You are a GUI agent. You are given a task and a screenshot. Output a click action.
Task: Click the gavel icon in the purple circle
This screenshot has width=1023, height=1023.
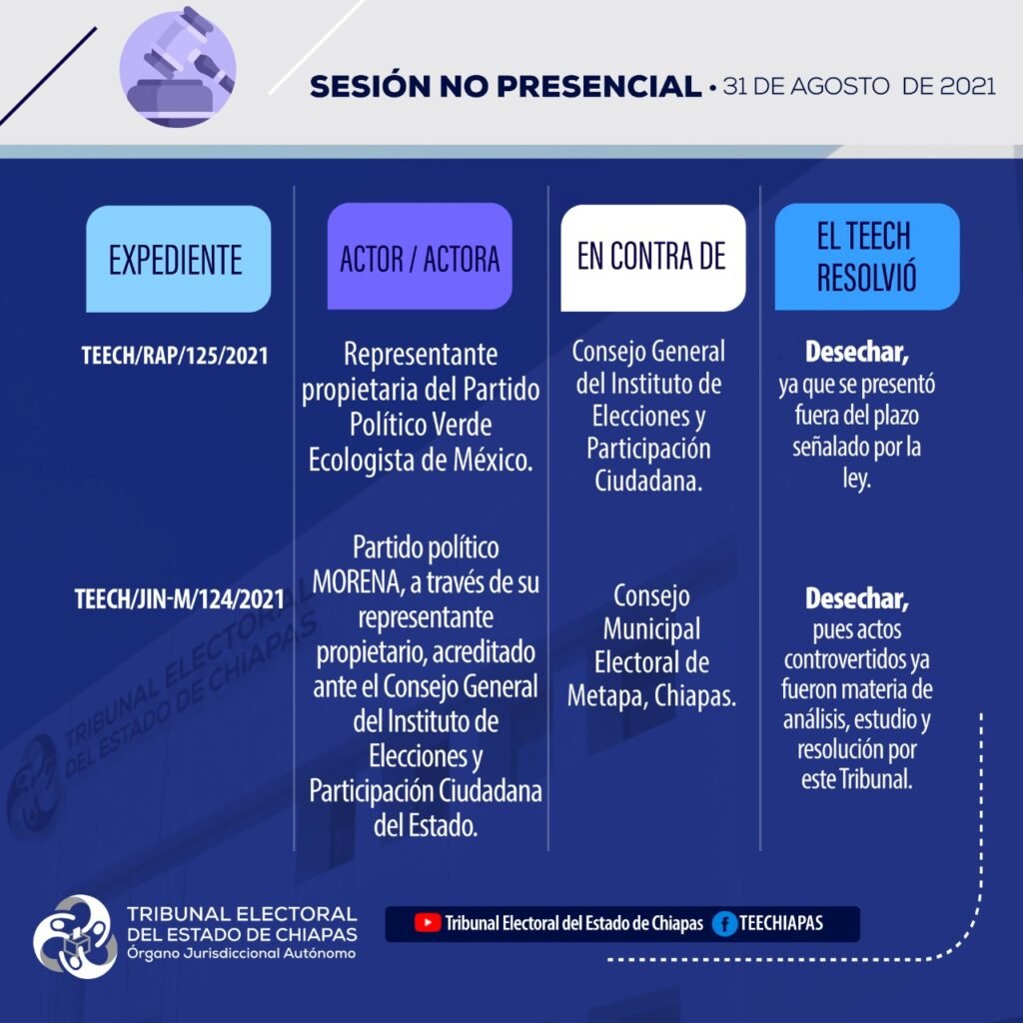pos(178,68)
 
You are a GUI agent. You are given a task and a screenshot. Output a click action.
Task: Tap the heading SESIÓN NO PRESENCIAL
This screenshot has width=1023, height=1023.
pos(506,86)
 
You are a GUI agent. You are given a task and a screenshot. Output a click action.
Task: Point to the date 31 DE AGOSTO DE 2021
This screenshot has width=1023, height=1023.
pos(859,86)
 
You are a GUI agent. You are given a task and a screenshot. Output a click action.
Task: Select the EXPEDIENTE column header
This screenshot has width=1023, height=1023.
pos(178,259)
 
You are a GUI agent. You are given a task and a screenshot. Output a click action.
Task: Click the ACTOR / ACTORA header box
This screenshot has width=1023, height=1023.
pos(420,257)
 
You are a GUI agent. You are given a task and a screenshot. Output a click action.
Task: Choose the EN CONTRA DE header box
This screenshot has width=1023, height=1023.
pos(653,258)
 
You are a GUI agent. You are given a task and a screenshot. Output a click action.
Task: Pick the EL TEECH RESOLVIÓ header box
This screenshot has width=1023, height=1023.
pos(867,257)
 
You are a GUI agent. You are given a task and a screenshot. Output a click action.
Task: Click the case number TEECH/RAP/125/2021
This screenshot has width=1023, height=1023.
pos(174,357)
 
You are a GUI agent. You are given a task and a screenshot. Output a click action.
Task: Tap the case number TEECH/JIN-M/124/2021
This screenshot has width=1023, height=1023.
pos(180,599)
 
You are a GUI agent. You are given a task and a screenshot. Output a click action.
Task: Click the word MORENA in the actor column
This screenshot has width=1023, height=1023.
pos(357,582)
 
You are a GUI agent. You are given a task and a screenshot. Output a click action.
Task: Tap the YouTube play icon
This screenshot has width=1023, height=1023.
pos(428,922)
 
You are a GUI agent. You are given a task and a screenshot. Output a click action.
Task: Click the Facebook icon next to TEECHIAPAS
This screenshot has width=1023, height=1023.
pos(724,924)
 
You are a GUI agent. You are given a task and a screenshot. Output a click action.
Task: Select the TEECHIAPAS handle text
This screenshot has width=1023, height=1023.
pos(781,923)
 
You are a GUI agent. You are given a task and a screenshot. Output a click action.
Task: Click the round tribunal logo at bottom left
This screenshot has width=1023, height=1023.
pos(75,936)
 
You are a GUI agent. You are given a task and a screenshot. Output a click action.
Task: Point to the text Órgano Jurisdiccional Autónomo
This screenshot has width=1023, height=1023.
pos(242,954)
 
